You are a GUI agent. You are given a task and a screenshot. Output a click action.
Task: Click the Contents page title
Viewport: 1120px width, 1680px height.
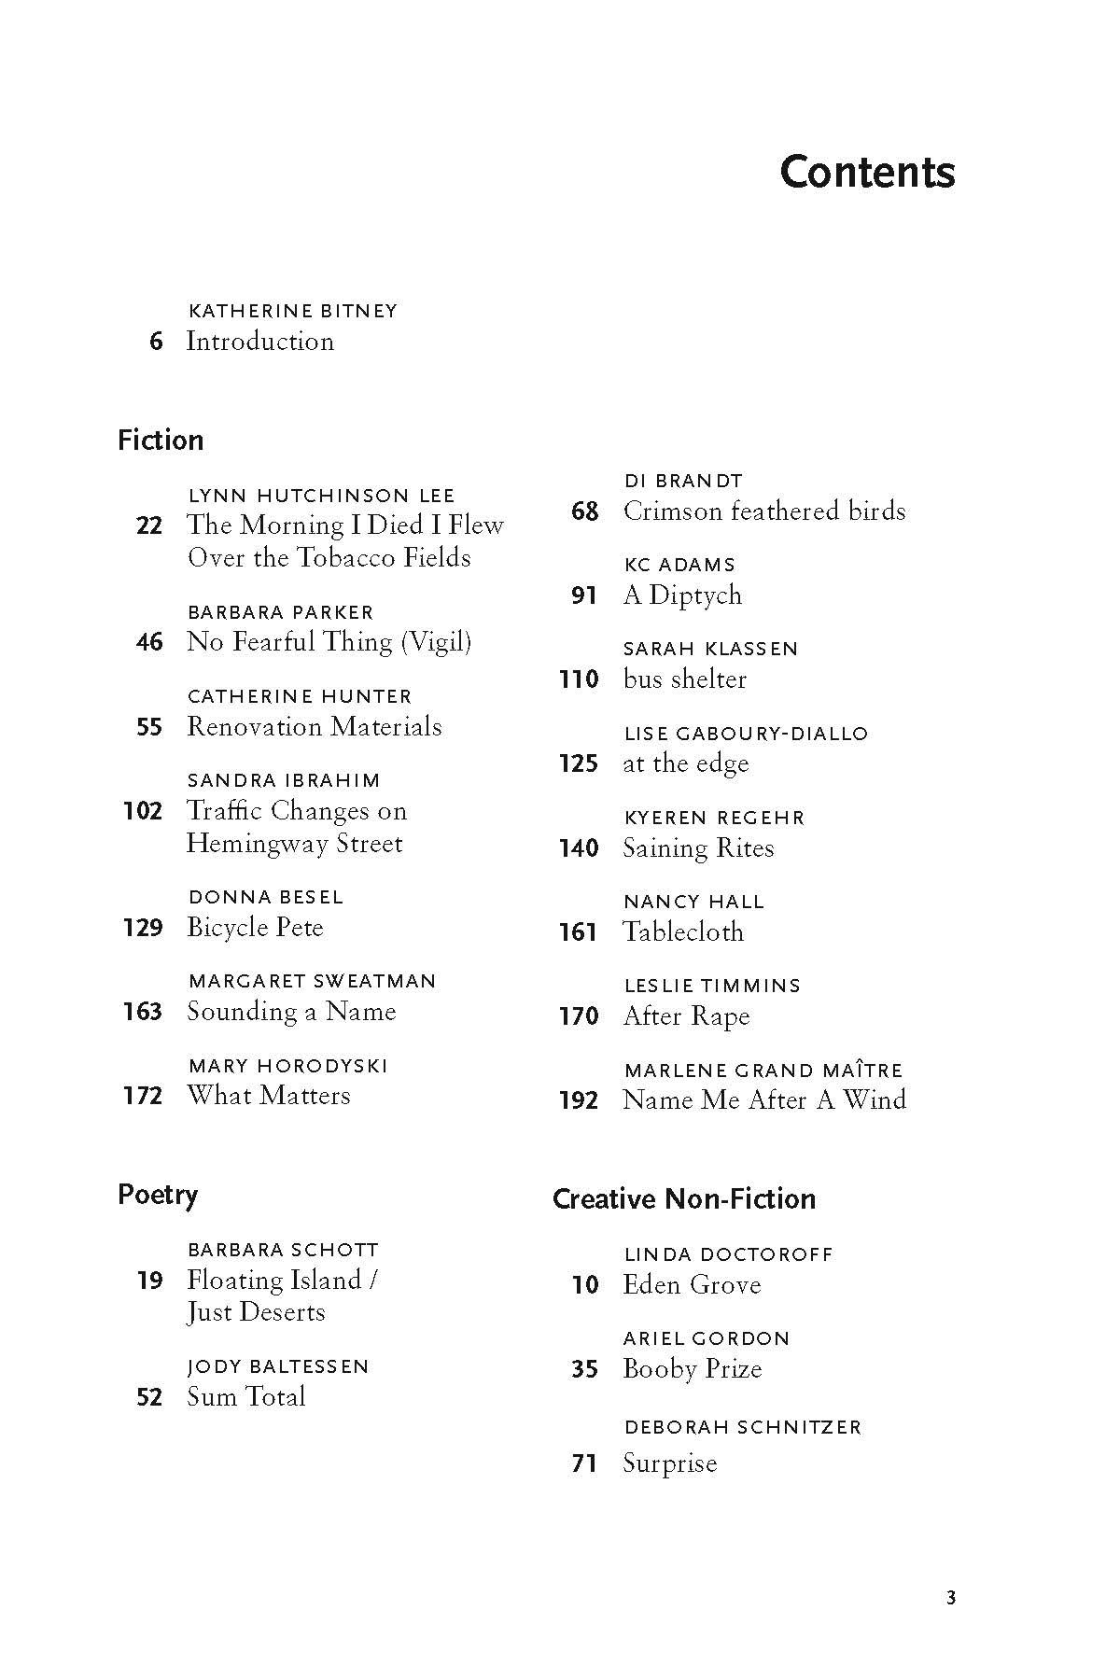coord(867,173)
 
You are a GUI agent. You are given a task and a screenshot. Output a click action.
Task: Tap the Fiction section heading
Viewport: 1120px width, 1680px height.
coord(161,441)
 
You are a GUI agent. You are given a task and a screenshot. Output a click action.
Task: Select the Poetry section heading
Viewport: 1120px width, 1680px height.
coord(158,1195)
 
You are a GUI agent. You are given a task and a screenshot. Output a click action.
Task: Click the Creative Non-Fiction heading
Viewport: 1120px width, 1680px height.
coord(684,1198)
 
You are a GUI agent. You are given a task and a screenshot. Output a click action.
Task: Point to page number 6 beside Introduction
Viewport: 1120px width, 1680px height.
coord(156,342)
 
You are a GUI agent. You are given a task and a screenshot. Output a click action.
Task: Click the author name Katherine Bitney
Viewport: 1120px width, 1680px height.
coord(293,311)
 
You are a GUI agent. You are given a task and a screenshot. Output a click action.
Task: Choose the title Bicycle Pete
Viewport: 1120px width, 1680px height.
coord(255,928)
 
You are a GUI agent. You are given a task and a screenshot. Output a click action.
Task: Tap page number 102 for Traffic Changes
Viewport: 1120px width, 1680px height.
coord(143,811)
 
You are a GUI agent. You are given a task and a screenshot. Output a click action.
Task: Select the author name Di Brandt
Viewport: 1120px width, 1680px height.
coord(683,481)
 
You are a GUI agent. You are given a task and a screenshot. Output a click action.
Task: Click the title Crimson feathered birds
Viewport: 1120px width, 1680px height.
coord(764,511)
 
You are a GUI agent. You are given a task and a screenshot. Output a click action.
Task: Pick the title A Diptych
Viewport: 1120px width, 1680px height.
coord(682,595)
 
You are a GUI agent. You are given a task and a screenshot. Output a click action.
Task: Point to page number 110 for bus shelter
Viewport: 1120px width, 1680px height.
coord(579,679)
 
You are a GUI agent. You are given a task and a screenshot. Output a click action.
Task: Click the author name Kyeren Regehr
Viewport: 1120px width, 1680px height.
coord(714,818)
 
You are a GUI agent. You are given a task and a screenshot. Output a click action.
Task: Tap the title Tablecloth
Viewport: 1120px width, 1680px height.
coord(683,931)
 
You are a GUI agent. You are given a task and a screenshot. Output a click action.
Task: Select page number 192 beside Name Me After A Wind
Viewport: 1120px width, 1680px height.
coord(579,1100)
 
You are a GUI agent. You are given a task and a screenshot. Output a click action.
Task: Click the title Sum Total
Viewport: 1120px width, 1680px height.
coord(246,1397)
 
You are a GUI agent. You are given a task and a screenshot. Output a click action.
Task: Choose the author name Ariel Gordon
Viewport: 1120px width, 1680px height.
coord(707,1338)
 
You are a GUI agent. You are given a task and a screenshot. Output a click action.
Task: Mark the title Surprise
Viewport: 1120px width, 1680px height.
coord(670,1463)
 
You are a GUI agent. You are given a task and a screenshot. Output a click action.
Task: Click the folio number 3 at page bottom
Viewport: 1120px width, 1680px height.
coord(951,1598)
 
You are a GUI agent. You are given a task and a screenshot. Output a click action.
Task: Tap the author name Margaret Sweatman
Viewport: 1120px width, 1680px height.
coord(312,981)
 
